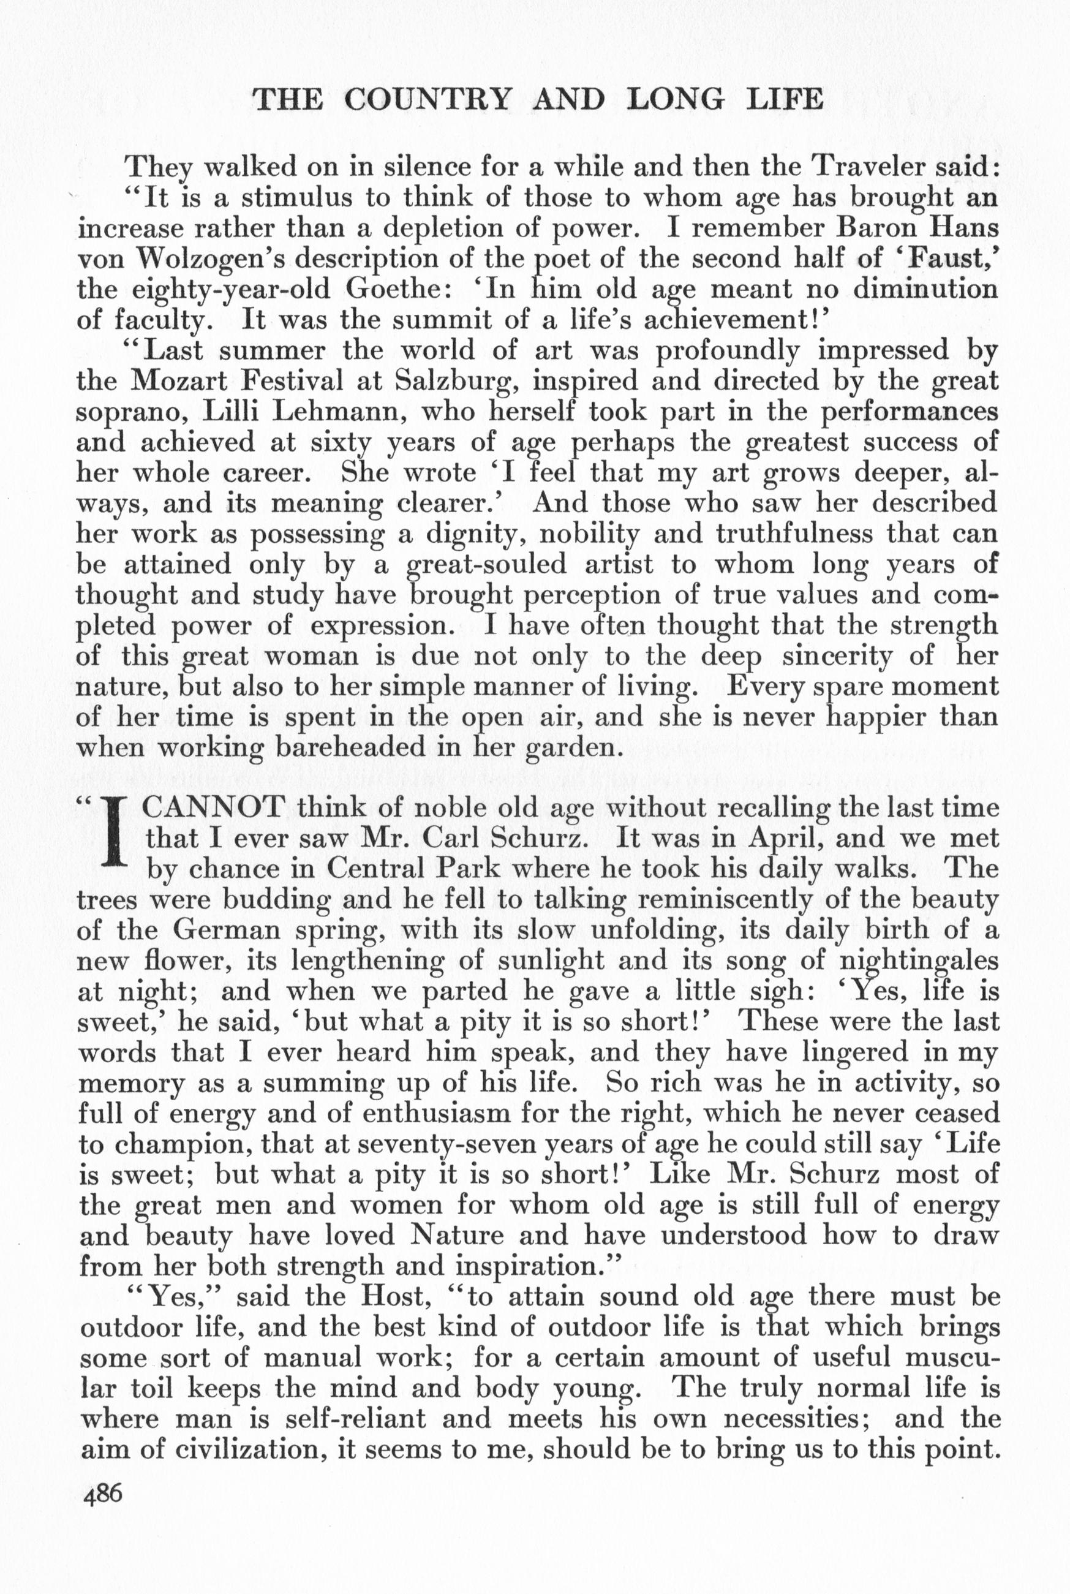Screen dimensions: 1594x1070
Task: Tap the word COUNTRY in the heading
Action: point(427,100)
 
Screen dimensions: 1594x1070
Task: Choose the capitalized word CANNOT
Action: point(215,808)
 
